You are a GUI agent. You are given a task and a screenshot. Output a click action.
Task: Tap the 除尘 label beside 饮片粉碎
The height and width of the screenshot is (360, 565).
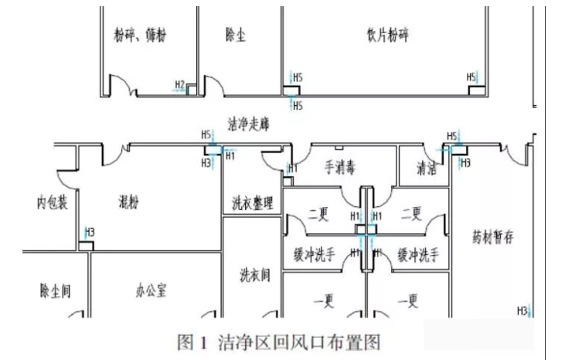click(x=236, y=36)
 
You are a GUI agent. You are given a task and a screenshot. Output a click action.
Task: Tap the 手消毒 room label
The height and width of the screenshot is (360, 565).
click(x=339, y=168)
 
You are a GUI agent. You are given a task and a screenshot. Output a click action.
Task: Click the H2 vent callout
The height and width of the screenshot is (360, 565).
click(x=179, y=84)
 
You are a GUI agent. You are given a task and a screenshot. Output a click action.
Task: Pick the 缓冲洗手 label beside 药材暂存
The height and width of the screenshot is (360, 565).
click(x=418, y=253)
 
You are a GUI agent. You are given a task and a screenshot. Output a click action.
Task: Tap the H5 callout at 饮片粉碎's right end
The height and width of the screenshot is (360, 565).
click(x=471, y=77)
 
